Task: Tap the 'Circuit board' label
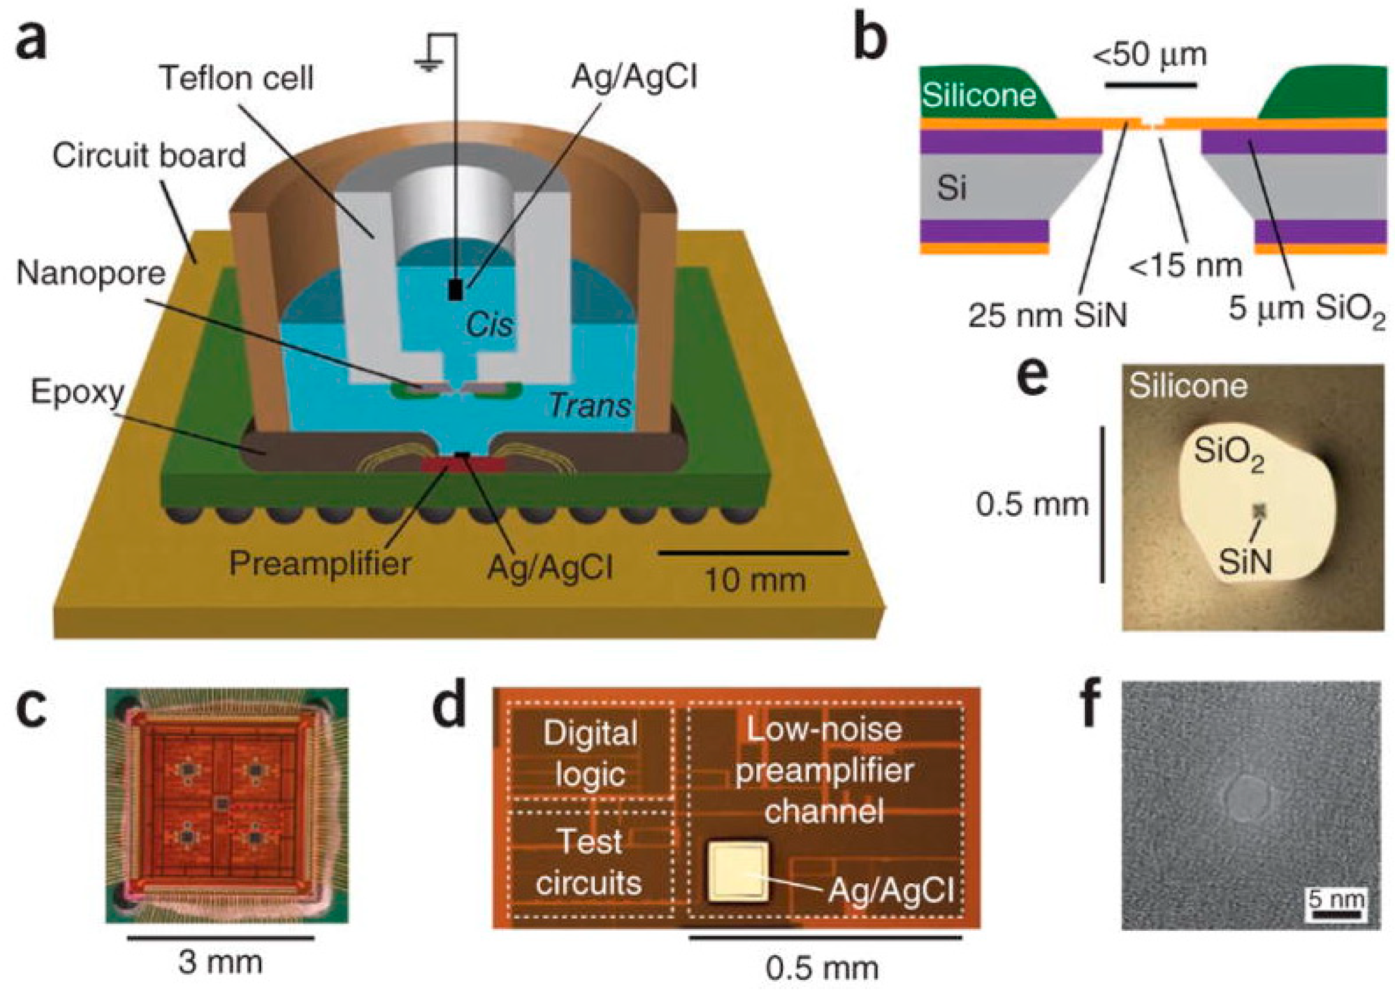149,155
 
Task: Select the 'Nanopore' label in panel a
90,273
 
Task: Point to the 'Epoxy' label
78,391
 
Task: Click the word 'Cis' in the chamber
488,325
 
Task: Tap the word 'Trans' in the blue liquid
590,405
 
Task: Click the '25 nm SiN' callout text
1047,317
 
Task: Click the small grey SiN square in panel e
1259,510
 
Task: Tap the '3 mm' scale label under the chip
220,962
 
